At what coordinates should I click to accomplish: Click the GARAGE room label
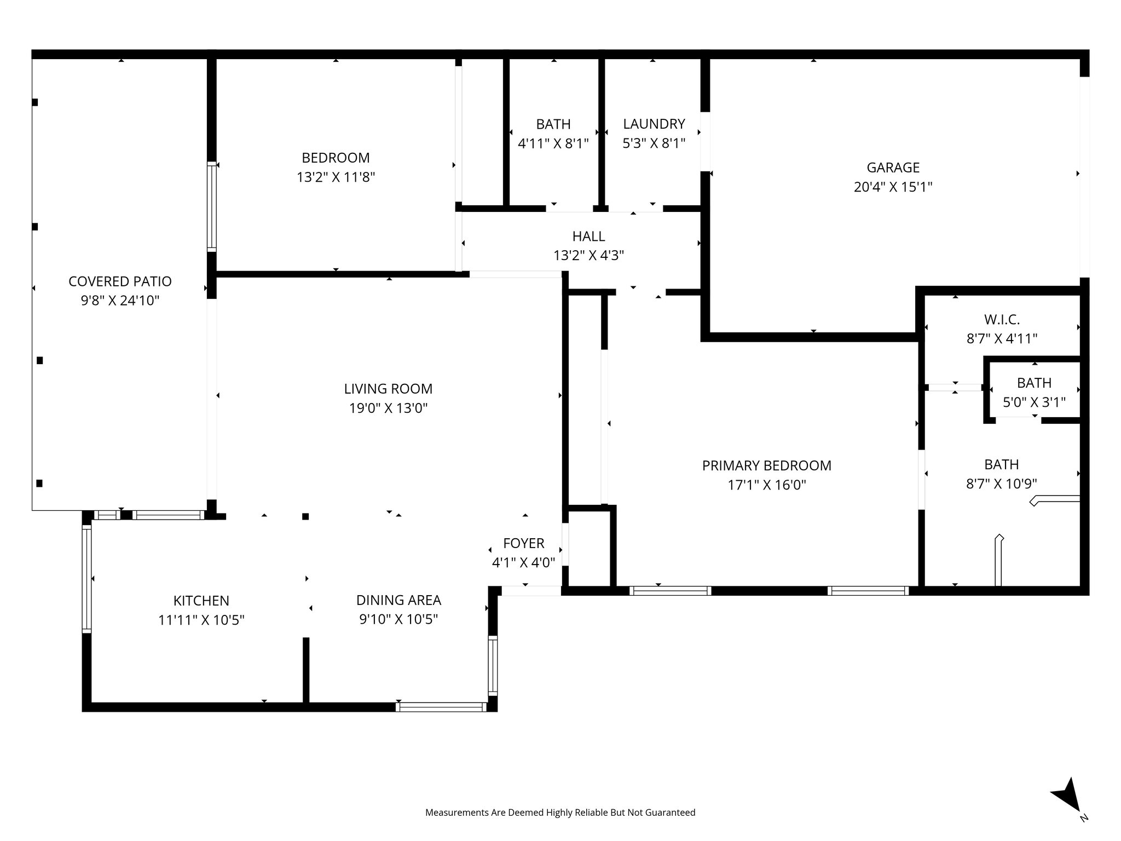click(x=893, y=168)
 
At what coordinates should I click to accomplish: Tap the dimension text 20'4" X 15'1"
click(x=893, y=187)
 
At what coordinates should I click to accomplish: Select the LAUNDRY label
click(x=654, y=124)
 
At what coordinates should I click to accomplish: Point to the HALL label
click(x=588, y=237)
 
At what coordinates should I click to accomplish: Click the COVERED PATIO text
click(x=120, y=281)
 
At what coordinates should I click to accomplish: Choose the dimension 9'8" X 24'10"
click(x=120, y=301)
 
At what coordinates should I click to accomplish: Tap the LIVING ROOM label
click(x=388, y=389)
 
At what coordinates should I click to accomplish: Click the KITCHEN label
click(x=201, y=601)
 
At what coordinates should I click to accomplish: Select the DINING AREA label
click(x=398, y=600)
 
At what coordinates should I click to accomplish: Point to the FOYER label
click(x=524, y=543)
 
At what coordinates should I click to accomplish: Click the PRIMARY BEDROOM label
click(x=766, y=465)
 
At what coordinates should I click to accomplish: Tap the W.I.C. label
click(x=1002, y=319)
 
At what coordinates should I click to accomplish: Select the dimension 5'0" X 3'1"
click(x=1034, y=402)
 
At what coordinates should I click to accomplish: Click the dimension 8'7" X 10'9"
click(x=1002, y=484)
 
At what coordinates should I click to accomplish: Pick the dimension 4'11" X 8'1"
click(x=553, y=143)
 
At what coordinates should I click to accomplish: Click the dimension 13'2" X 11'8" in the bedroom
click(x=336, y=177)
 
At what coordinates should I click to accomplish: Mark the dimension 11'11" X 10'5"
click(x=201, y=620)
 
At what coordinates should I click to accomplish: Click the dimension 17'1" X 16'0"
click(x=766, y=485)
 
